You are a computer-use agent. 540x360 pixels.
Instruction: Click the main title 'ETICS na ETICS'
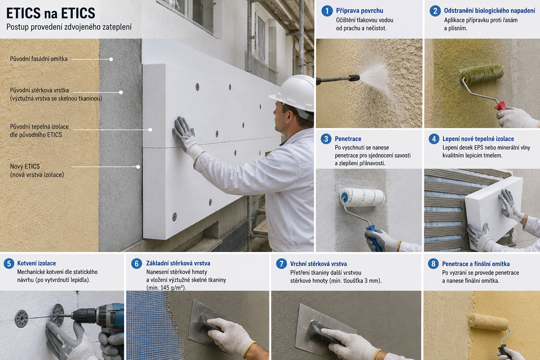pyautogui.click(x=51, y=13)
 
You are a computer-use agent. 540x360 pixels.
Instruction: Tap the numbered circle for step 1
pyautogui.click(x=327, y=11)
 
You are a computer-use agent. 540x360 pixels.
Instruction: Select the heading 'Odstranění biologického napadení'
pyautogui.click(x=490, y=11)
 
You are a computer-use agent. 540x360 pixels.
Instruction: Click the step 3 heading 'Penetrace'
pyautogui.click(x=348, y=139)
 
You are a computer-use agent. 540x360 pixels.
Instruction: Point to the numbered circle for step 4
pyautogui.click(x=434, y=139)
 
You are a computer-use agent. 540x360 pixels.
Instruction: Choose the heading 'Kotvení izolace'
pyautogui.click(x=36, y=263)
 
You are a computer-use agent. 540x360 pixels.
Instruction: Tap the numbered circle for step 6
pyautogui.click(x=137, y=264)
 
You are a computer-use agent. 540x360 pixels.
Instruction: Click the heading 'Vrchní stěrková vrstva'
pyautogui.click(x=318, y=264)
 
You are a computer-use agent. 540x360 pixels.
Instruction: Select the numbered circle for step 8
pyautogui.click(x=433, y=264)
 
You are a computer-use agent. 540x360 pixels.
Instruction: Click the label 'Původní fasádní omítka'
pyautogui.click(x=39, y=59)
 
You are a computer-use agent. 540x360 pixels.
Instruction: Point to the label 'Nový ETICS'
pyautogui.click(x=25, y=166)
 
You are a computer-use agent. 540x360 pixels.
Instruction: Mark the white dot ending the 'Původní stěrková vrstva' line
pyautogui.click(x=121, y=92)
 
